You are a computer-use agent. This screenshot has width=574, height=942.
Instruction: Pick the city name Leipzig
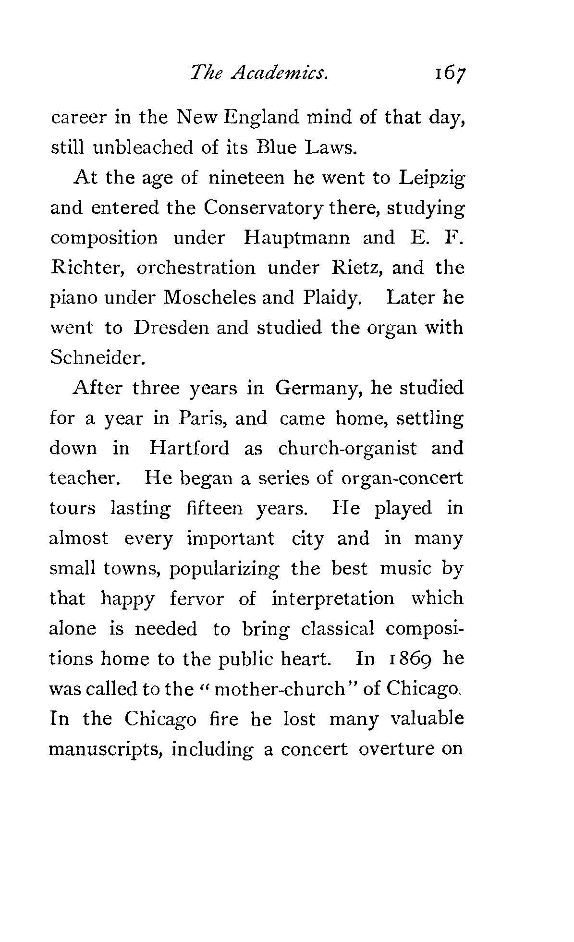click(431, 179)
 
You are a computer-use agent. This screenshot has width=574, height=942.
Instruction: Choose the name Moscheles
click(209, 298)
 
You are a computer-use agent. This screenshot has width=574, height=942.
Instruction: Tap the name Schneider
click(96, 358)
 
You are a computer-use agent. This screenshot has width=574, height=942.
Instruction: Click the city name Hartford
click(189, 448)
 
